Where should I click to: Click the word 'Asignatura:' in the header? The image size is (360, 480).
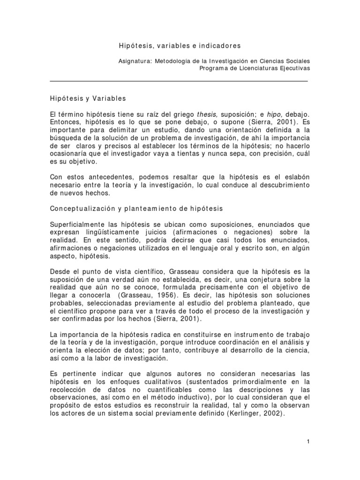pyautogui.click(x=134, y=61)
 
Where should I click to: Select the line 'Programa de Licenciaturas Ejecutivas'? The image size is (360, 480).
pyautogui.click(x=255, y=68)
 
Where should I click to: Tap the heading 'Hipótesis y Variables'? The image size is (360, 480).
pyautogui.click(x=88, y=98)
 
